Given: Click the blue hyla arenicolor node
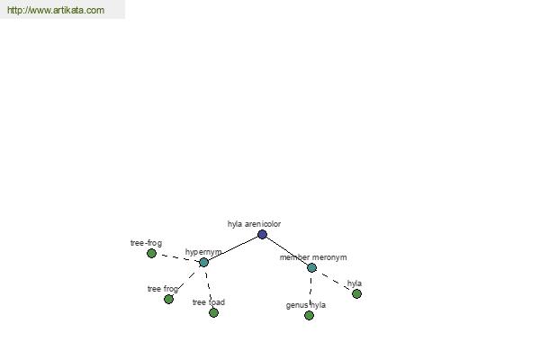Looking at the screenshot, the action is coord(262,234).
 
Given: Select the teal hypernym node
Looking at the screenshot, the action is coord(203,262).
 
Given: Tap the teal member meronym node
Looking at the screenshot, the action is coord(311,267).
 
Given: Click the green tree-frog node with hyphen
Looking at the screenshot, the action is coord(151,253).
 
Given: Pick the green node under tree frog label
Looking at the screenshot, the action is coord(168,299).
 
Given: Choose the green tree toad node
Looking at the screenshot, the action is coord(213,312).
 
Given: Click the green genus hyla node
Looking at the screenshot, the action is coord(309,315).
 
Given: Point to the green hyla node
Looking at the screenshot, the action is coord(356,293).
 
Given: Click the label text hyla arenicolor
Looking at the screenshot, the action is coord(254,224).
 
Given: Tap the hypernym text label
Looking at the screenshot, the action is coord(203,252).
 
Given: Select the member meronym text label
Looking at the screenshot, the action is coord(313,257).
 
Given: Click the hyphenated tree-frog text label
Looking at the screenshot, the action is coord(146,243).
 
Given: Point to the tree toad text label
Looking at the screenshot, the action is coord(209,302).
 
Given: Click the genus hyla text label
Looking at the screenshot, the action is coord(306,305).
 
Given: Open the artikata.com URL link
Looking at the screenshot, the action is coord(56,10).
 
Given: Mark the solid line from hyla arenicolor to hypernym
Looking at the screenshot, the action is coord(233,248).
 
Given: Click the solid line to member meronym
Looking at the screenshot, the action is coord(287,251).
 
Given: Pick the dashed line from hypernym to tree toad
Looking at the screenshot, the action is coord(209,287).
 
